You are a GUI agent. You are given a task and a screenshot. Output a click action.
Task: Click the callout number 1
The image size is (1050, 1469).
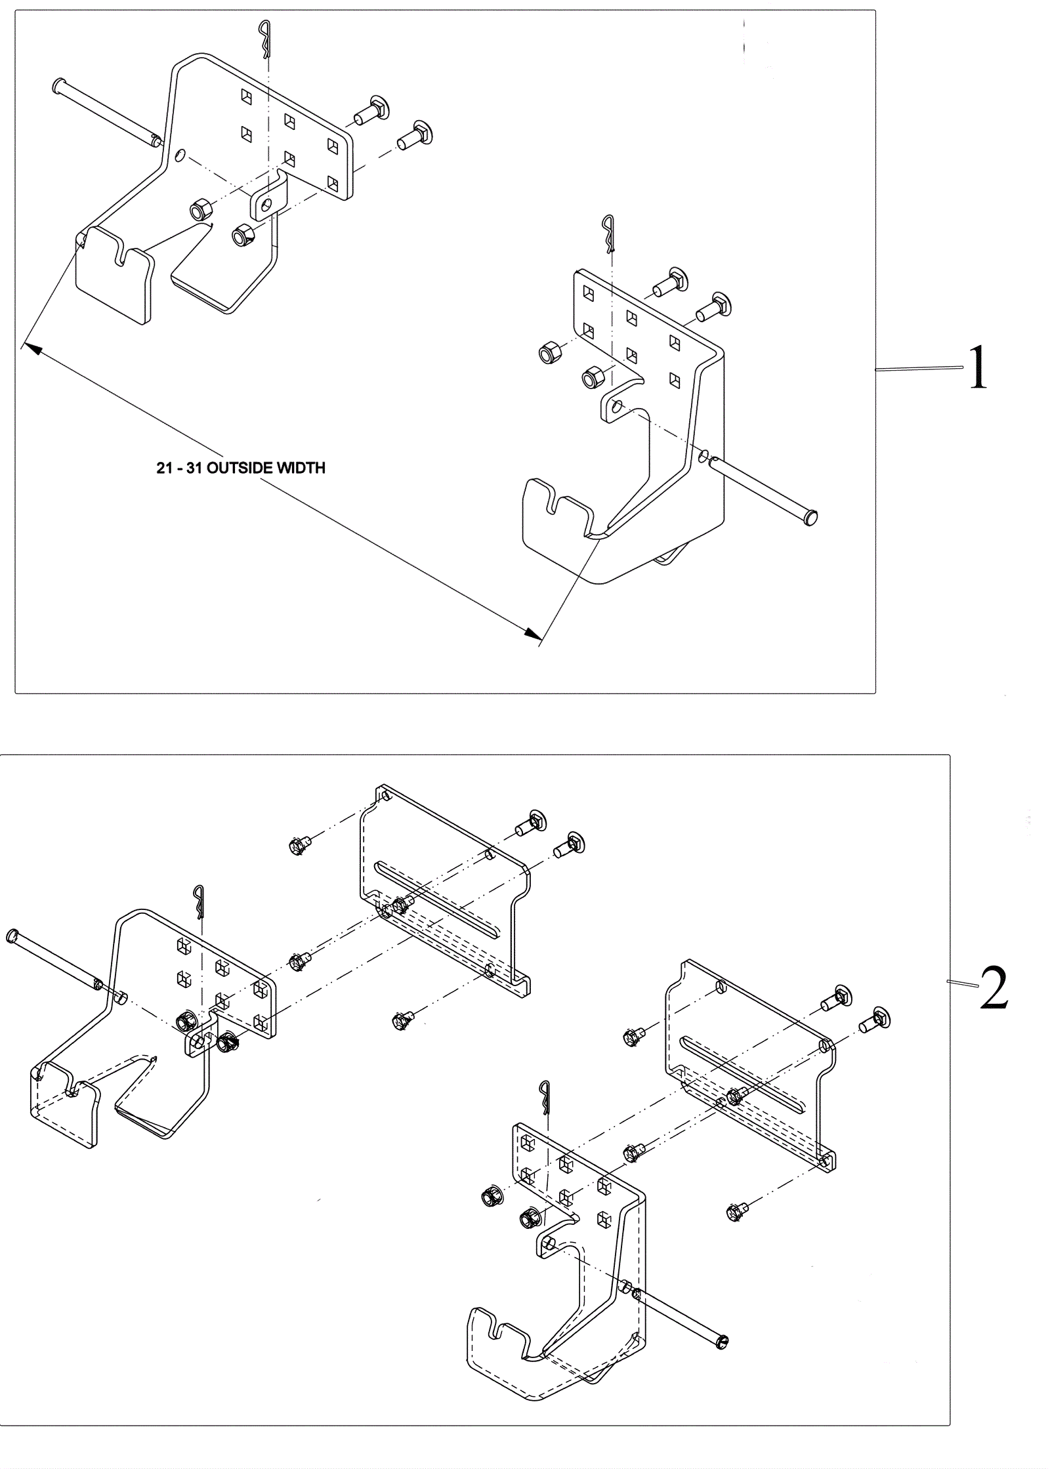point(978,368)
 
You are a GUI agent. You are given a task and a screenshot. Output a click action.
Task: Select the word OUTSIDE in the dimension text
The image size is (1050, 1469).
point(241,468)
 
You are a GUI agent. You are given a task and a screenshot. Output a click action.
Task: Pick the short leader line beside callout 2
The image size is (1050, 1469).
point(963,983)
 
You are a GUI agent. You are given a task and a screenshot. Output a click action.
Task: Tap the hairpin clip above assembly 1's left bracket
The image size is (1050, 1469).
point(264,39)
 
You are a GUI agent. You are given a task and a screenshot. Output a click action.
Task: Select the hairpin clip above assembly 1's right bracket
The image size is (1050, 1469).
point(610,234)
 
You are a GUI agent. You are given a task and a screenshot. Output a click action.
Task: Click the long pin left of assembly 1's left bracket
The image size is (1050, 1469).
point(106,112)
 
